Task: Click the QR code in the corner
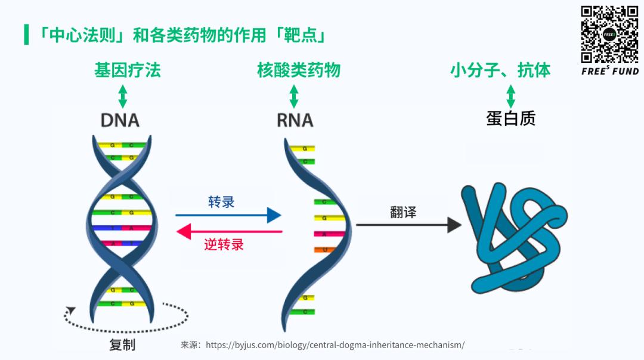click(609, 34)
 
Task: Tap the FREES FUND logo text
click(609, 71)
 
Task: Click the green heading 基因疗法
click(128, 70)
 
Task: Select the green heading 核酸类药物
click(299, 70)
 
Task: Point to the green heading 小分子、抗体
click(500, 70)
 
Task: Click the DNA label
click(120, 120)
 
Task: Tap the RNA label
click(295, 120)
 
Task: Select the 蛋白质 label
click(510, 118)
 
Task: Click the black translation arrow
click(408, 225)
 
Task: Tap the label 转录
click(221, 201)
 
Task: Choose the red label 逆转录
click(224, 244)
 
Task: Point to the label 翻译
click(403, 212)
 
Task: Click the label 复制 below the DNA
click(122, 345)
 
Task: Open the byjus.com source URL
click(335, 345)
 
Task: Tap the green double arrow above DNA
click(123, 95)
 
